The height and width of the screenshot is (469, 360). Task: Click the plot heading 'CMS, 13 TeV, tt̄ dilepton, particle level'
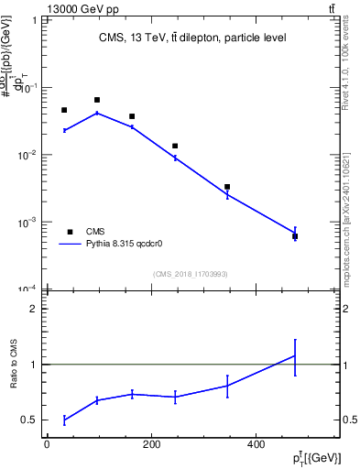click(192, 38)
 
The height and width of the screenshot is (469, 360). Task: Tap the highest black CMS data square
click(97, 100)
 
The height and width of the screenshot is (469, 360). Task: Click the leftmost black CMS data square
click(64, 110)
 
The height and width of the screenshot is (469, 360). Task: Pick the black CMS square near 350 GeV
click(227, 187)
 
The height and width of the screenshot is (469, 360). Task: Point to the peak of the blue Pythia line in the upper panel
click(97, 113)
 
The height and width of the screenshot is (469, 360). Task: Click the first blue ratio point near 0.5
click(64, 420)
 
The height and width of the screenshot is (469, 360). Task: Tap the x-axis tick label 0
click(47, 445)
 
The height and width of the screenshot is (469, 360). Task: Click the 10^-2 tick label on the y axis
click(31, 155)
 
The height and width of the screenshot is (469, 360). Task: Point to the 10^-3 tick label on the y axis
click(31, 223)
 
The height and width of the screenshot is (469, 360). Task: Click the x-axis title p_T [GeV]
click(316, 458)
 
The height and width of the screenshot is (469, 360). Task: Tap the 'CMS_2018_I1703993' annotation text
click(190, 274)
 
